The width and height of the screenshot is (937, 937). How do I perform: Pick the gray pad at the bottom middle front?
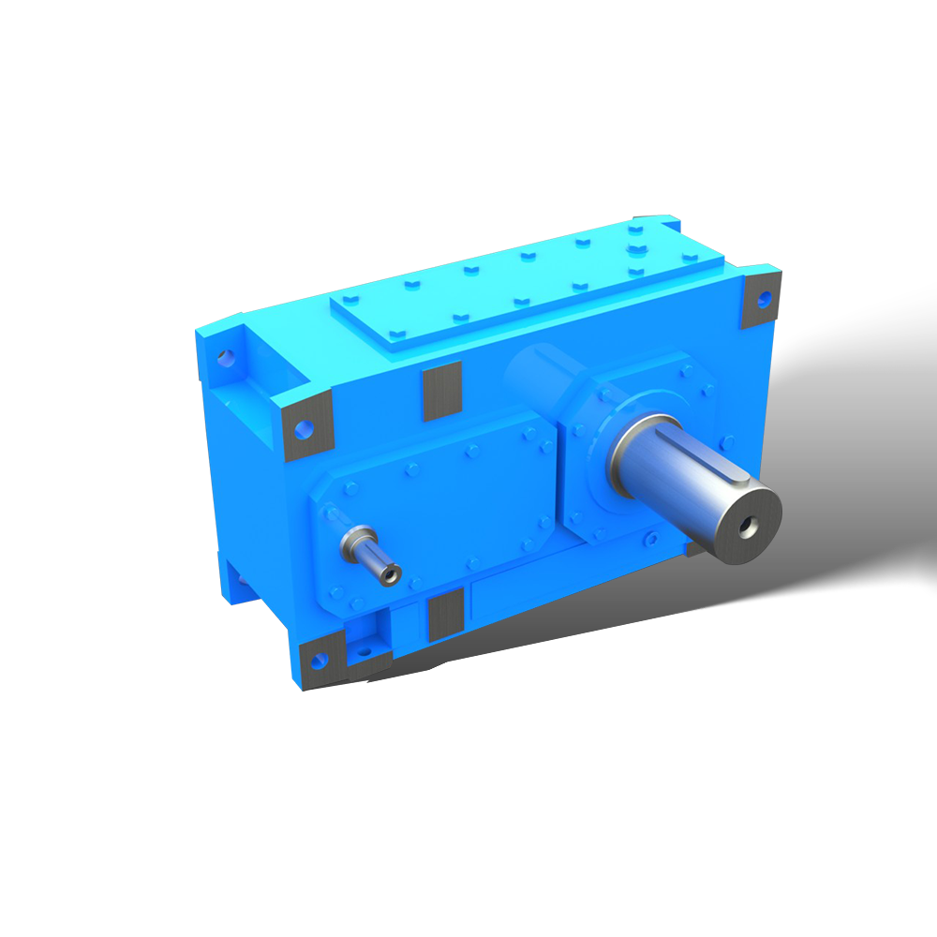point(446,616)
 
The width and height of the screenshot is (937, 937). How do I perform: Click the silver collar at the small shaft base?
point(355,540)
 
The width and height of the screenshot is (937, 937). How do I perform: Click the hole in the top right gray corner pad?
point(765,300)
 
